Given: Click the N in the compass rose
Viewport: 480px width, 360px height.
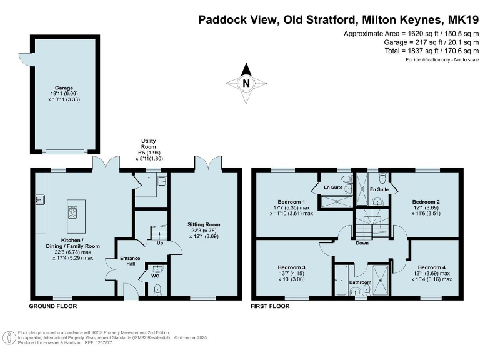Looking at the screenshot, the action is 246,83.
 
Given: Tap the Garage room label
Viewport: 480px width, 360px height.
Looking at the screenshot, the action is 64,88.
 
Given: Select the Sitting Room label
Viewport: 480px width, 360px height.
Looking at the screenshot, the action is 204,225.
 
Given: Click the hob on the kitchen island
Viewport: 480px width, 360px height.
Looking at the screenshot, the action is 73,212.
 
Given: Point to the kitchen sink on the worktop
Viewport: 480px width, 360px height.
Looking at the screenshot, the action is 40,199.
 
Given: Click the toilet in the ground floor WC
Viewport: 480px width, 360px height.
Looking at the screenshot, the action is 157,289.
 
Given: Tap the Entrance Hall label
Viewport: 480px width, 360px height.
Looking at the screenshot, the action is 130,261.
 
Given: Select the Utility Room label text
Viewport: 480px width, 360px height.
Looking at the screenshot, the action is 149,144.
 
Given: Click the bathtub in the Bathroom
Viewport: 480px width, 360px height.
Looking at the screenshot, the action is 341,280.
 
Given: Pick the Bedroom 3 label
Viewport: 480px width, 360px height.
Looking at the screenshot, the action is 291,267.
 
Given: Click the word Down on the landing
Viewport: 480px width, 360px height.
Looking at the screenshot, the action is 362,243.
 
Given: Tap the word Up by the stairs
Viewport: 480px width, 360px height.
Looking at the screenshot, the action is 160,243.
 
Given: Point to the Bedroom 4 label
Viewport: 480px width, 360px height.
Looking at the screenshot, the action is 432,267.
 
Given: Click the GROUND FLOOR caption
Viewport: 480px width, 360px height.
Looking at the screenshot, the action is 53,306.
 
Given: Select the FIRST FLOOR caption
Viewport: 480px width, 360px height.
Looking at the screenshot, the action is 270,306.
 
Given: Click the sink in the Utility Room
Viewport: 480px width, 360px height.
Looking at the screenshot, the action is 162,181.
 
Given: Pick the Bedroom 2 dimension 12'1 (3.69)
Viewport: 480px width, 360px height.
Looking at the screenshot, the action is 426,207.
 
